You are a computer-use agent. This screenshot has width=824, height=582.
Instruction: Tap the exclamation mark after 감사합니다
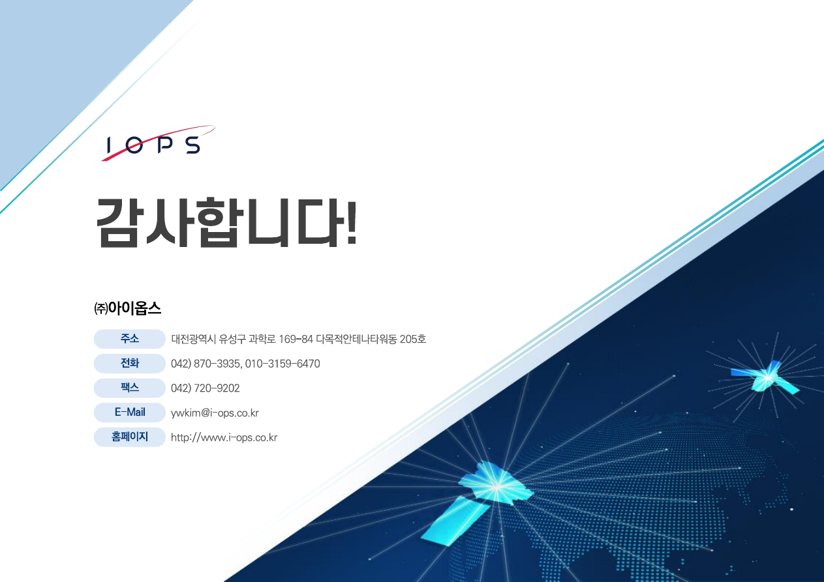350,222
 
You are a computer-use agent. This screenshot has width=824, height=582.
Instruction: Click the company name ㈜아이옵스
127,308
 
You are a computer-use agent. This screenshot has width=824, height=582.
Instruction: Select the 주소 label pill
130,339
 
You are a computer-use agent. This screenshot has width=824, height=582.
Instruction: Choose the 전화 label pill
130,364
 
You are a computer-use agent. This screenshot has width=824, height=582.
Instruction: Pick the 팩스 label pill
130,388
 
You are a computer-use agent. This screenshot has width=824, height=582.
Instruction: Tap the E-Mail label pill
130,413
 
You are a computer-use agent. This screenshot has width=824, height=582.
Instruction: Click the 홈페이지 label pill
130,437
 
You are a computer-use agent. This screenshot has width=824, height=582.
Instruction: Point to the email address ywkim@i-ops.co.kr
215,413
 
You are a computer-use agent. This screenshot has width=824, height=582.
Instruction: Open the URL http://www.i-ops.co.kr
224,437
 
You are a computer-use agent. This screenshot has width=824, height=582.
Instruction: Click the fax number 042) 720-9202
205,388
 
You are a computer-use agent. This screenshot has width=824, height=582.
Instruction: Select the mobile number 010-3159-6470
282,364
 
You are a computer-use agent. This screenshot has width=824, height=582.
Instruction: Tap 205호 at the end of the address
414,340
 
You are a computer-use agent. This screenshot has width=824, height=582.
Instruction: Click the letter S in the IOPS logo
192,145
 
